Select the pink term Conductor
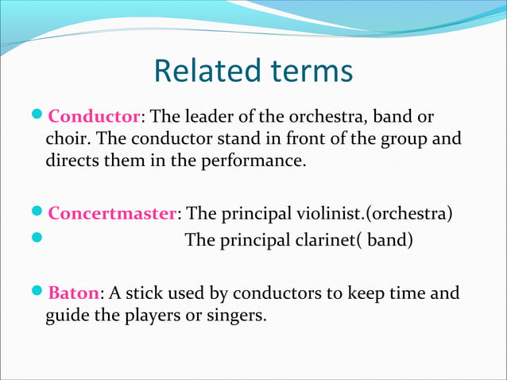pyautogui.click(x=95, y=118)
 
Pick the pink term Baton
pyautogui.click(x=73, y=293)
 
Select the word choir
pyautogui.click(x=65, y=140)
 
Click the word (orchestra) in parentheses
pyautogui.click(x=409, y=214)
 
